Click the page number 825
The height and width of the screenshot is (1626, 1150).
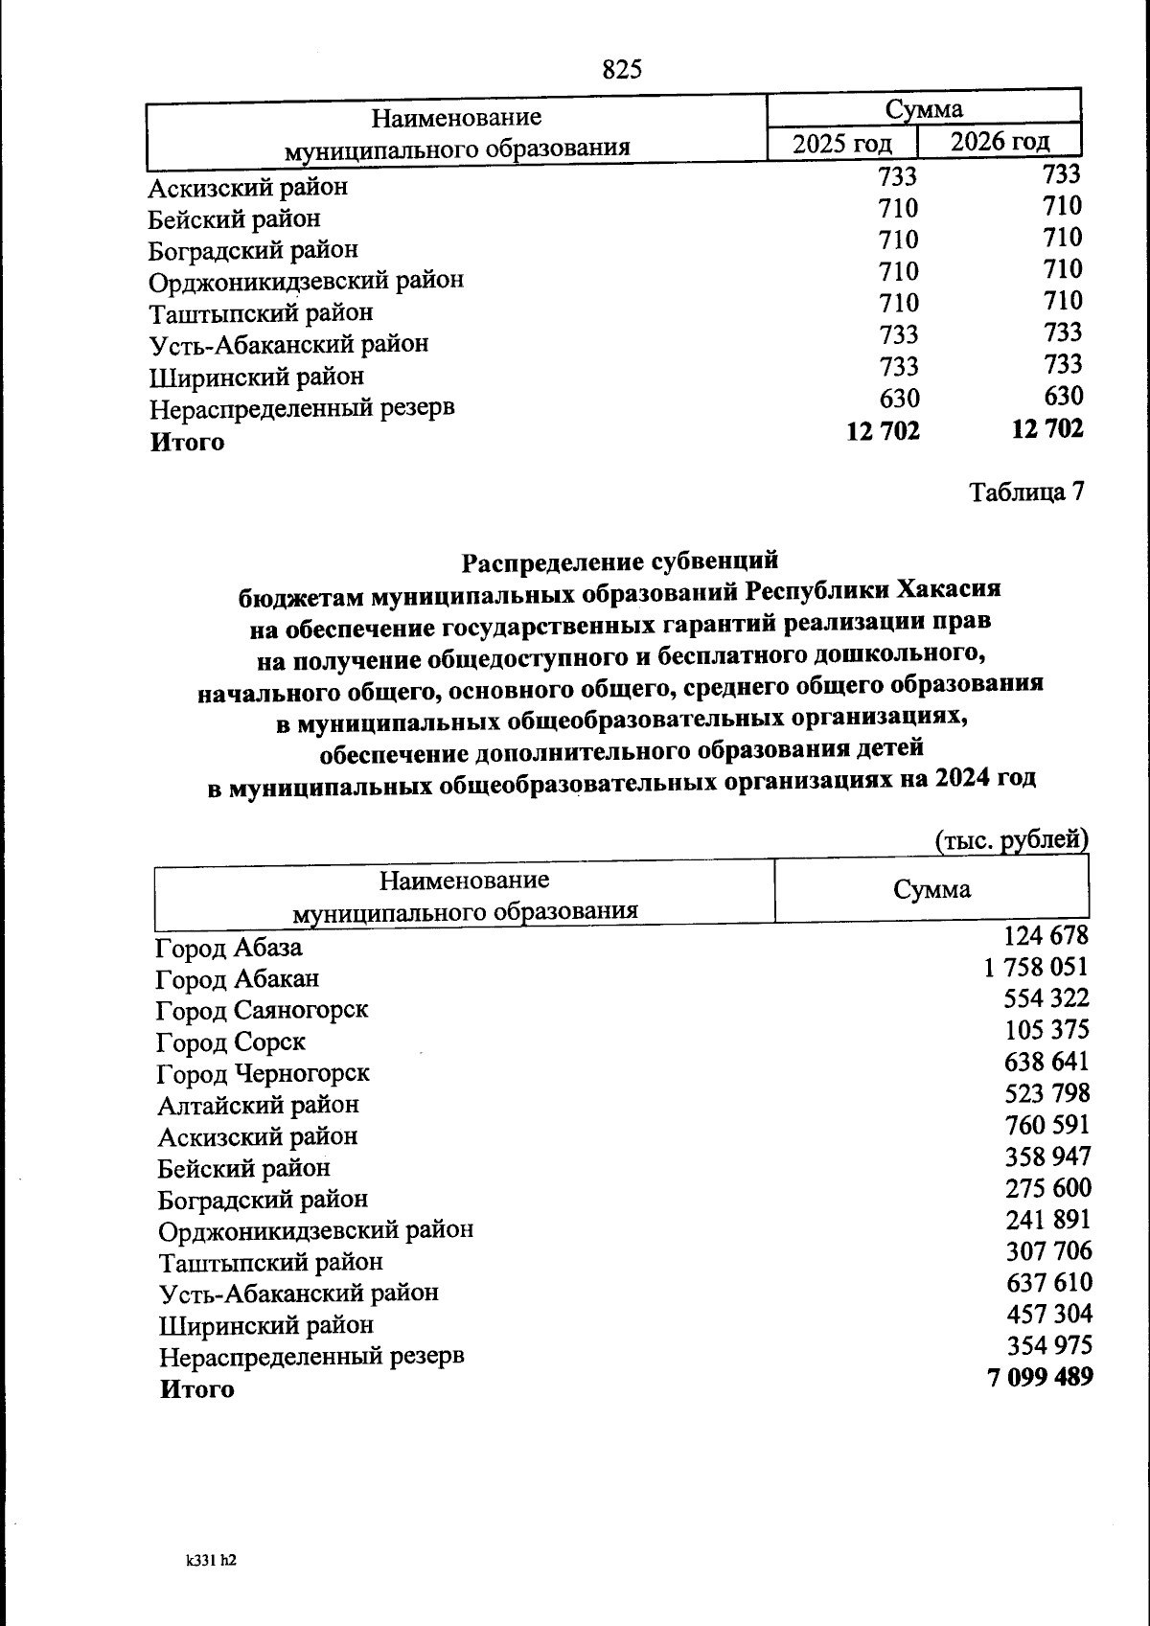(621, 69)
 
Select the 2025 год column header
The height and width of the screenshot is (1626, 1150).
(841, 144)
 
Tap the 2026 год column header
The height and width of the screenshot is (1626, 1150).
(1000, 142)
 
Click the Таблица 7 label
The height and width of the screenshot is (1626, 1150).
(1026, 492)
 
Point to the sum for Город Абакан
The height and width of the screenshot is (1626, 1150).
(1036, 967)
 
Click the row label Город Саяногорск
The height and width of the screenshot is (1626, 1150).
(262, 1010)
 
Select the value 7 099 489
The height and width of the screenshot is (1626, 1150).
(1039, 1378)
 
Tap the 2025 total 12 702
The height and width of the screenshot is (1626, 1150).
(883, 431)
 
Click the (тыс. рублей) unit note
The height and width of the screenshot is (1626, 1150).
(1011, 839)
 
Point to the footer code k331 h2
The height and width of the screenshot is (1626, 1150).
(211, 1560)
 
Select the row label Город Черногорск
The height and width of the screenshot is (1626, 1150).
(263, 1073)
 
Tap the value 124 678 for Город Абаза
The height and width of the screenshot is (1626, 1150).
(1046, 935)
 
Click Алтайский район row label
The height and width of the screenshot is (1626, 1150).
(258, 1105)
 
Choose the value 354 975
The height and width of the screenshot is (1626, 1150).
(1048, 1345)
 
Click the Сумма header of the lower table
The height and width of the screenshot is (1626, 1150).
(931, 889)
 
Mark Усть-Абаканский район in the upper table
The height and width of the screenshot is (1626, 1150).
(288, 344)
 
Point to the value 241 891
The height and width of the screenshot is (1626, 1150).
(1048, 1220)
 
